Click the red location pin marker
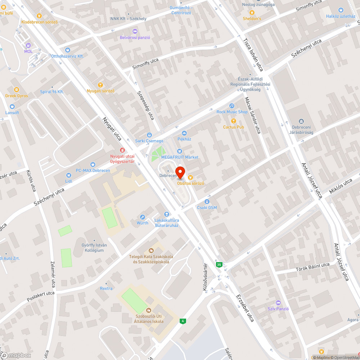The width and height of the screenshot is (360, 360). tap(180, 172)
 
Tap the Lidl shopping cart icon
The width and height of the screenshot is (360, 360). tap(69, 176)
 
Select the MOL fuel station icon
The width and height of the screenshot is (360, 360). tap(28, 45)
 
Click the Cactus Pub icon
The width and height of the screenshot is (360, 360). tap(233, 121)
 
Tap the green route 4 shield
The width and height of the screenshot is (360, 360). tap(183, 321)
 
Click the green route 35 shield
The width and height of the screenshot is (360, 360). tap(219, 265)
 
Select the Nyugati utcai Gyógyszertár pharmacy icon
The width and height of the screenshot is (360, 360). tap(122, 150)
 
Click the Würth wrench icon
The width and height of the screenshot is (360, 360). tap(143, 217)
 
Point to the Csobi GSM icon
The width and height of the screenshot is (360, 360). tap(207, 202)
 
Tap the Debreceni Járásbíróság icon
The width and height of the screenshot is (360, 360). tap(301, 121)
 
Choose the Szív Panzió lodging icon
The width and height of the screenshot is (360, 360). tap(278, 302)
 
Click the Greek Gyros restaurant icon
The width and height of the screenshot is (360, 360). tap(16, 90)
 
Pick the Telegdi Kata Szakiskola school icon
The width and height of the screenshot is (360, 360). tap(151, 250)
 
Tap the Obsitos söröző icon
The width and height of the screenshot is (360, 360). tap(190, 177)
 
